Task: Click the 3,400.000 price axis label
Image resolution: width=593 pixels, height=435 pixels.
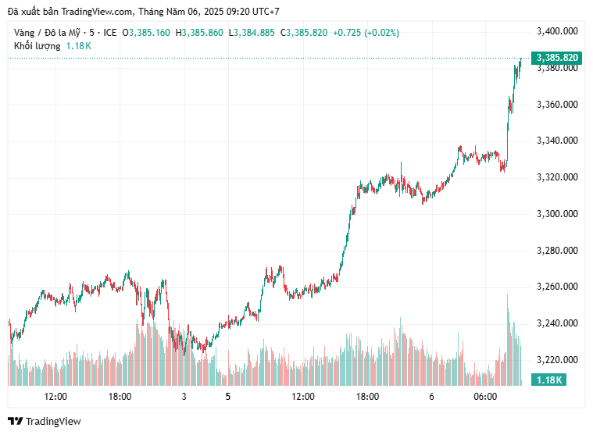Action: (557, 31)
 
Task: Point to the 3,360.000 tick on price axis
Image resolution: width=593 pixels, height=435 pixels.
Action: (557, 105)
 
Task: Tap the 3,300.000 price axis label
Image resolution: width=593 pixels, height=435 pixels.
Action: (557, 214)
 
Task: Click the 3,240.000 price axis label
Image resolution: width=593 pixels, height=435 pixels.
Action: (557, 323)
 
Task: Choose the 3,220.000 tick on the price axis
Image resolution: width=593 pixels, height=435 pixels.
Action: (557, 360)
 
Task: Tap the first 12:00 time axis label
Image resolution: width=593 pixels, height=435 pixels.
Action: (55, 397)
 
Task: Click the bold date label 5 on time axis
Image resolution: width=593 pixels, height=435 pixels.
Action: (228, 397)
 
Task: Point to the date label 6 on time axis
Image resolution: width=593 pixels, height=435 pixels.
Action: (431, 397)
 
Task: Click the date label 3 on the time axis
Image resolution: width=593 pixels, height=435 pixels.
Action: (184, 397)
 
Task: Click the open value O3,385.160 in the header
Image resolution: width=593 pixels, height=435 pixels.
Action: (146, 33)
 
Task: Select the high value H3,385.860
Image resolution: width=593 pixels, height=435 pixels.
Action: (199, 33)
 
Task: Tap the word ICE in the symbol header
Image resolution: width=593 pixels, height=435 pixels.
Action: (110, 33)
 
